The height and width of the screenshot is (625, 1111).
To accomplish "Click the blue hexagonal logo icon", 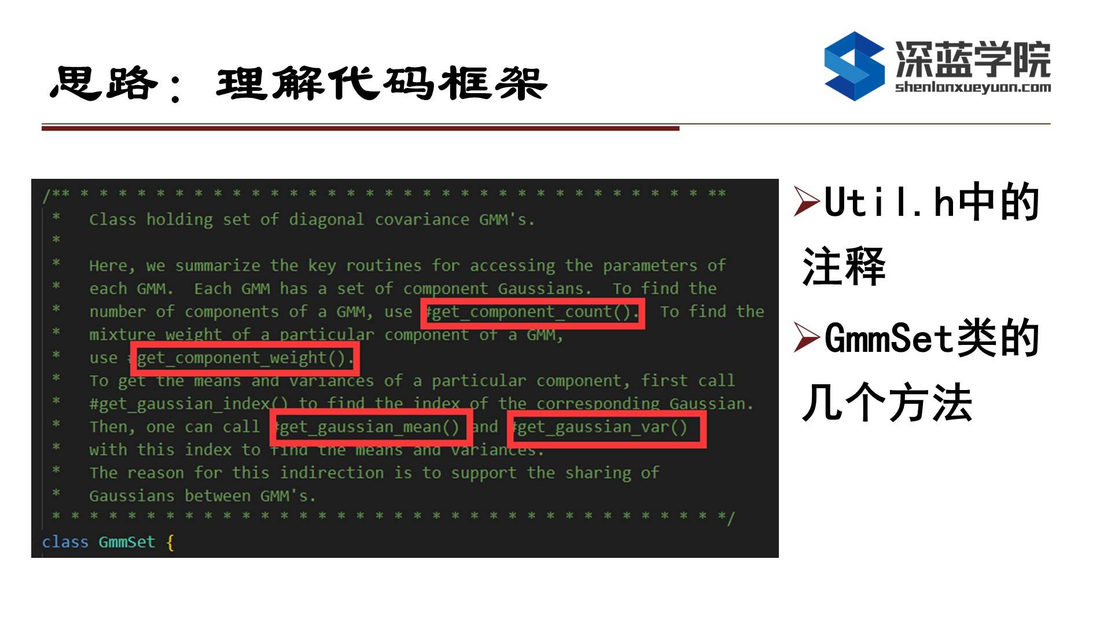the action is click(854, 66).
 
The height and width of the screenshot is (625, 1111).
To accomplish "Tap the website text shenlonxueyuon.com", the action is click(973, 87).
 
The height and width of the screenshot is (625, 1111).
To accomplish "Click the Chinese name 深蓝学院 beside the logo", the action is click(973, 59).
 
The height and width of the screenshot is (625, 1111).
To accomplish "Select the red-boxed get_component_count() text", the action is click(532, 312).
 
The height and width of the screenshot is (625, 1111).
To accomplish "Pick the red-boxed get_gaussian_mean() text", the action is click(368, 428).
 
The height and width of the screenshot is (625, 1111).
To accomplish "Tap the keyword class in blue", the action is click(65, 542).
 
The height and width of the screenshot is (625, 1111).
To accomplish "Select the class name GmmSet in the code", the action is click(127, 542).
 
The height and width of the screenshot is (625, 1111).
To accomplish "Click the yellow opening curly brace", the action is click(170, 543).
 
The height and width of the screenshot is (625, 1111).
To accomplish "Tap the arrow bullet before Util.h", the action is click(807, 202).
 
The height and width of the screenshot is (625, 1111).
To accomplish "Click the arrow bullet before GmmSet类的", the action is click(807, 338).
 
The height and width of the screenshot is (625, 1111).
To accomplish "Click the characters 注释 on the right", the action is click(844, 266).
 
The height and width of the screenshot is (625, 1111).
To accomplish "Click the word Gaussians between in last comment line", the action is click(170, 496).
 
